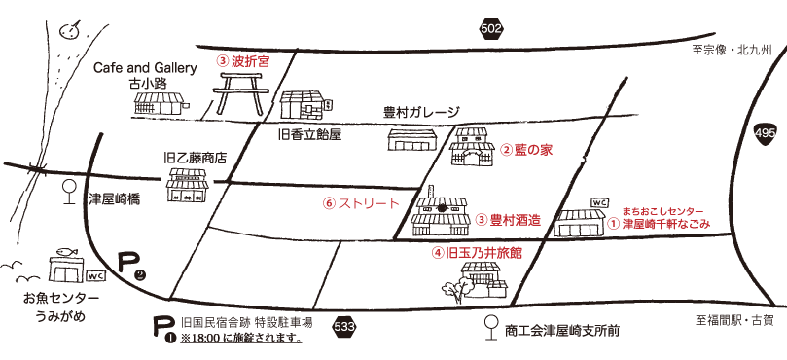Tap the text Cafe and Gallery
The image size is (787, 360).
(x=145, y=68)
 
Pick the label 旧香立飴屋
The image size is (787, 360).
(x=308, y=133)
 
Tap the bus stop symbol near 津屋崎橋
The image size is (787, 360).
(x=68, y=191)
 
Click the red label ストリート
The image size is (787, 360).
(x=368, y=203)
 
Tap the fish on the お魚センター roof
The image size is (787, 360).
(x=65, y=249)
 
